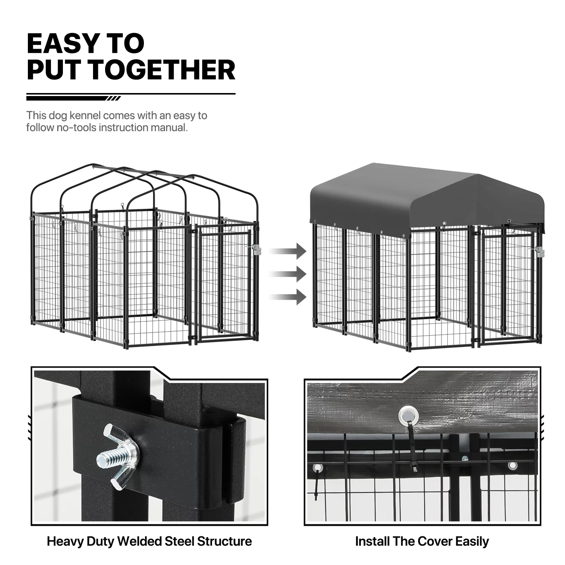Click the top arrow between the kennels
click(288, 251)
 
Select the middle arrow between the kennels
click(288, 274)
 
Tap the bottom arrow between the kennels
click(288, 296)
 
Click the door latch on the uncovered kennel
click(257, 250)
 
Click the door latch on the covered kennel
click(539, 252)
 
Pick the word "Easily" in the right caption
click(472, 542)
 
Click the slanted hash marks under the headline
click(114, 99)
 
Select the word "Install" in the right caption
click(372, 542)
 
